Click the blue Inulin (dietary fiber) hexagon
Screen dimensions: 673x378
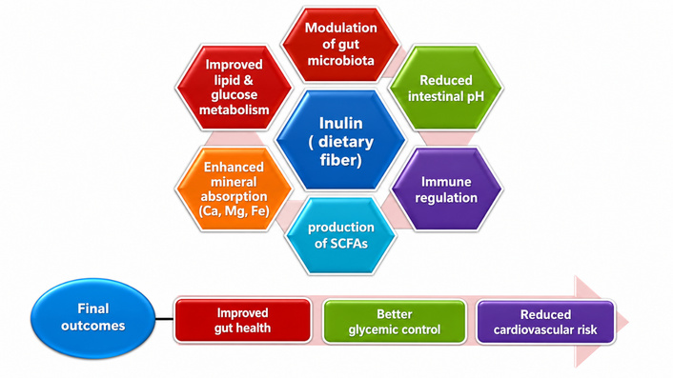click(x=341, y=140)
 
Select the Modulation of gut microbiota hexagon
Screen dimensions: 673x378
click(x=341, y=44)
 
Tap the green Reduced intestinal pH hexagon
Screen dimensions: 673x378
click(x=446, y=88)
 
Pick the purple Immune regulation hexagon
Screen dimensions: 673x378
click(x=446, y=189)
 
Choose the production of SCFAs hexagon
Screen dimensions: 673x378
click(x=341, y=235)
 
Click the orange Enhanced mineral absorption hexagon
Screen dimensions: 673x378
click(x=234, y=189)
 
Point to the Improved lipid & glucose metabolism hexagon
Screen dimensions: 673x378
click(x=234, y=87)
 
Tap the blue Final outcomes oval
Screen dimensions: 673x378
click(x=92, y=318)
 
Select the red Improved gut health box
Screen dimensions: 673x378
click(x=242, y=321)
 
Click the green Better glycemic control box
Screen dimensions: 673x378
click(x=395, y=322)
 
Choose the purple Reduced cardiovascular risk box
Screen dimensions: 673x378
click(x=545, y=322)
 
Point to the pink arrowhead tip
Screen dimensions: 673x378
click(x=628, y=322)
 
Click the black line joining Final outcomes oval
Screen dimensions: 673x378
click(x=165, y=319)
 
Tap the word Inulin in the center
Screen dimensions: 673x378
click(x=341, y=124)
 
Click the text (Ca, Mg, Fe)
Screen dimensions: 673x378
click(x=234, y=211)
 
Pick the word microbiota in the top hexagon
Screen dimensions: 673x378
click(x=341, y=60)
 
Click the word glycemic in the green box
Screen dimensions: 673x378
click(x=373, y=330)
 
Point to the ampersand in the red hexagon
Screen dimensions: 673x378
click(x=248, y=80)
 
